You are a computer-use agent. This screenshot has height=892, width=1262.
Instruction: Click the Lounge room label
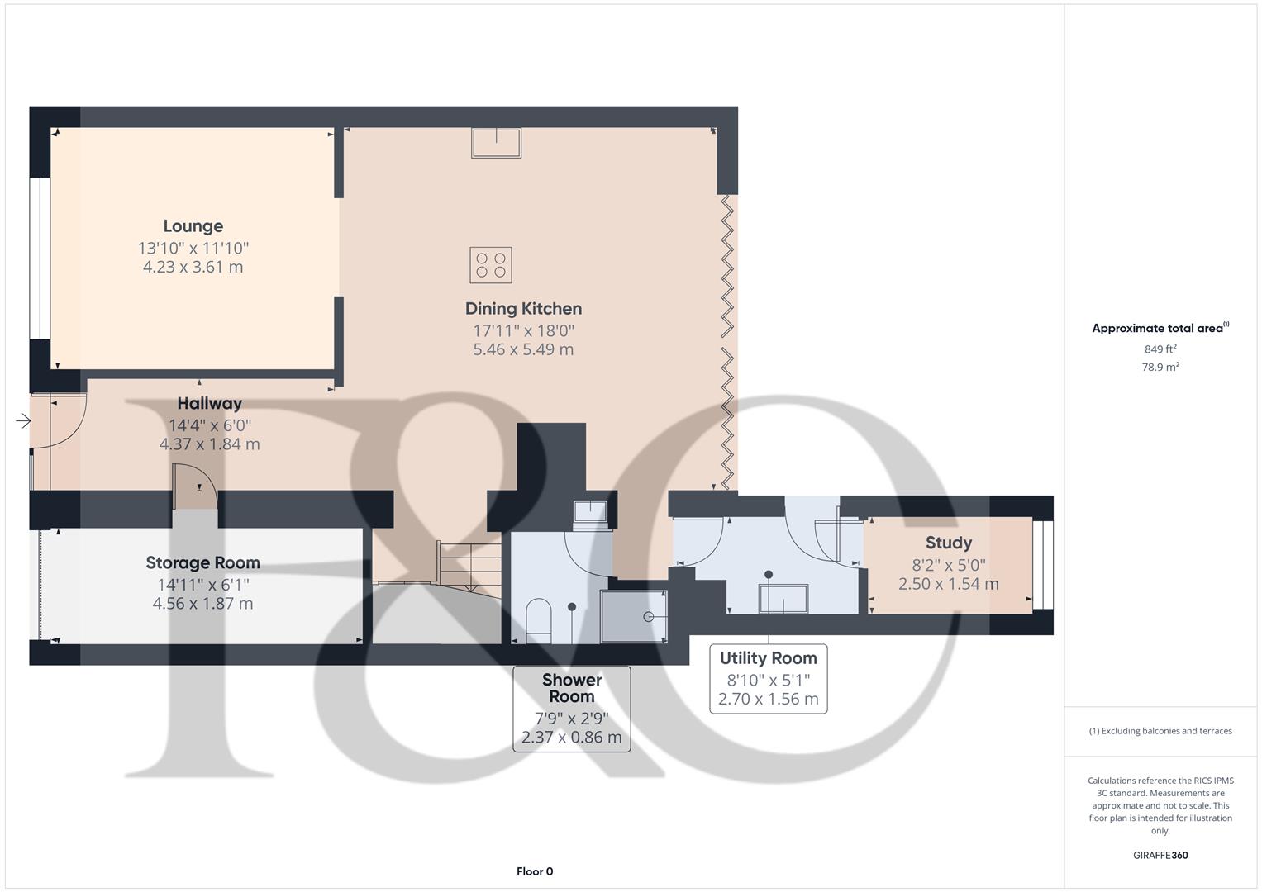(193, 226)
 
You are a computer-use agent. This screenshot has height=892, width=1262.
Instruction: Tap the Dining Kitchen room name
(523, 309)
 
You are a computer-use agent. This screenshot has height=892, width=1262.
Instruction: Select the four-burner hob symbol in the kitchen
(491, 265)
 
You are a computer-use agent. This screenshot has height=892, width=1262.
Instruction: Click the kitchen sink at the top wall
(496, 143)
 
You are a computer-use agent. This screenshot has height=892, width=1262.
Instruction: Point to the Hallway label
(209, 404)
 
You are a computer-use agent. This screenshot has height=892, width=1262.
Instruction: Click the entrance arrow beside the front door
(23, 422)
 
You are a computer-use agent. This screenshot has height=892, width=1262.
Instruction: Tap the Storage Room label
(202, 563)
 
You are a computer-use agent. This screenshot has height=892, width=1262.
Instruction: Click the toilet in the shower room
(538, 619)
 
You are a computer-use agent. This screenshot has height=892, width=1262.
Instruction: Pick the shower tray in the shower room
(633, 616)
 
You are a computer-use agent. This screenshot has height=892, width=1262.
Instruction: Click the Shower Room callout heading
(571, 688)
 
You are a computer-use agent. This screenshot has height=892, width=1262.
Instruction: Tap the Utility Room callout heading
(768, 658)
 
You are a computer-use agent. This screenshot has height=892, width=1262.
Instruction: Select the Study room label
(948, 543)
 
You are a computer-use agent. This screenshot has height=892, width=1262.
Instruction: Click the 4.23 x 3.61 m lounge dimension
(193, 267)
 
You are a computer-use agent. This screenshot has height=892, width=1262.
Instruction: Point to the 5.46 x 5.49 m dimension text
(523, 349)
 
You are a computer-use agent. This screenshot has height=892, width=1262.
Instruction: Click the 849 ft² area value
(1160, 349)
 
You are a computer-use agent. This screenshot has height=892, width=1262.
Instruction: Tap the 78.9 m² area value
(1160, 368)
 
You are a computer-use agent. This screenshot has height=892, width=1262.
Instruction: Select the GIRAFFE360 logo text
(1160, 856)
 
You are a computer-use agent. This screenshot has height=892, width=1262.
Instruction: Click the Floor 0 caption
(535, 871)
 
